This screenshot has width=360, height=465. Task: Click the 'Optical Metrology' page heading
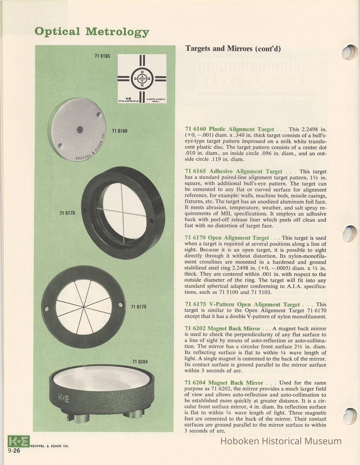[92, 32]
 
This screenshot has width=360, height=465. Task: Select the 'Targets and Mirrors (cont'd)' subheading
[233, 48]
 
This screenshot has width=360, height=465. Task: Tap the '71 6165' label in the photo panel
[102, 56]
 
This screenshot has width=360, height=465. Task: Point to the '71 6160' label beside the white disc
[120, 131]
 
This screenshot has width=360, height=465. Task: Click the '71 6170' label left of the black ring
[67, 213]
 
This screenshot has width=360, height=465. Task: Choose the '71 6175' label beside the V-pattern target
[139, 307]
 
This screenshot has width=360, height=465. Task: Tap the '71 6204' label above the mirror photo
[140, 362]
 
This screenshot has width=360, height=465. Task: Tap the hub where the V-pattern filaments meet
[84, 308]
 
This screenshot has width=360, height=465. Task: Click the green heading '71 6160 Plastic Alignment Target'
[230, 129]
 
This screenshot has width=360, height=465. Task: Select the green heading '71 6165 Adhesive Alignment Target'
[234, 171]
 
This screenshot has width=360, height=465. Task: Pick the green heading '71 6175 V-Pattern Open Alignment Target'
[242, 305]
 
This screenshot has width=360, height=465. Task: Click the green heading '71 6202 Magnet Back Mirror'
[223, 329]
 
